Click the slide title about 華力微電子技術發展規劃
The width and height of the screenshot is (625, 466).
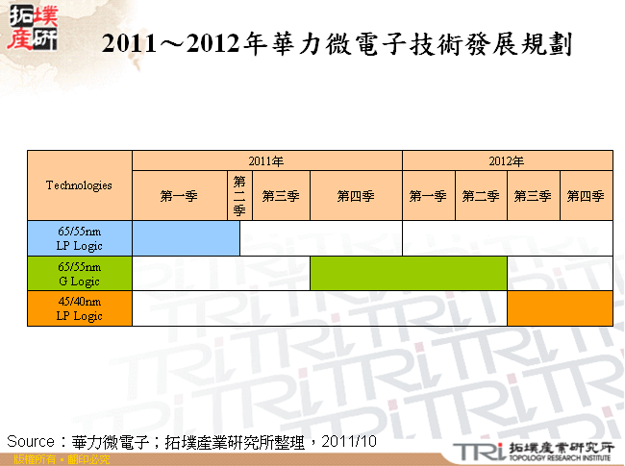(x=337, y=44)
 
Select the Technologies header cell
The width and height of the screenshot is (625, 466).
(x=79, y=185)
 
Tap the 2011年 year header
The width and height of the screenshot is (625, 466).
(x=266, y=160)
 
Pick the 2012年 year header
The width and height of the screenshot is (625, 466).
(x=507, y=160)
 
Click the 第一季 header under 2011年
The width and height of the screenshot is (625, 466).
(x=179, y=196)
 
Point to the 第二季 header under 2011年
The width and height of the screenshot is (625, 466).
(x=239, y=196)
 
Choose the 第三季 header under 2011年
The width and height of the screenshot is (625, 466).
(x=281, y=196)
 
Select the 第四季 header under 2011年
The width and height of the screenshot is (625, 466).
(x=355, y=196)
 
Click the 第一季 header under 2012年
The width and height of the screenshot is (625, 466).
(x=428, y=196)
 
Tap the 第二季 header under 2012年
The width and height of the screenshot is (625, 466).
(x=481, y=196)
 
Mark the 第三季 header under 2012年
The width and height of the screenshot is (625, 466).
(x=533, y=196)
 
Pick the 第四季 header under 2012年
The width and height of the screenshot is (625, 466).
(x=586, y=196)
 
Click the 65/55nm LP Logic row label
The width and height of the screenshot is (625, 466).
(x=79, y=238)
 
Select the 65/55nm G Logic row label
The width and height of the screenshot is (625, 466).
(x=79, y=273)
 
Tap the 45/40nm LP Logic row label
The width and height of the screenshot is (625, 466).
(x=79, y=308)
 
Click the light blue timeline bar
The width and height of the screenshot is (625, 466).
(x=186, y=238)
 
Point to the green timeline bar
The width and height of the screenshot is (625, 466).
(x=408, y=273)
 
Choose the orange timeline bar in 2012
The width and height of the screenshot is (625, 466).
(x=560, y=308)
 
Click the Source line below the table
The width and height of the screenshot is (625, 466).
(x=190, y=441)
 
